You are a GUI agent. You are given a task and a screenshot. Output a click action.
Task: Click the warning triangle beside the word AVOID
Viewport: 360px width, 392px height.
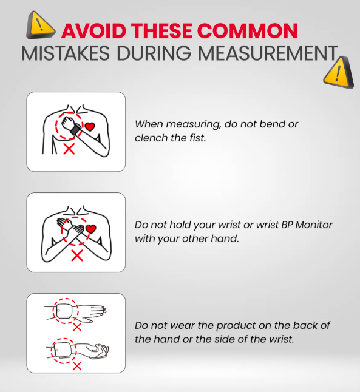tap(40, 26)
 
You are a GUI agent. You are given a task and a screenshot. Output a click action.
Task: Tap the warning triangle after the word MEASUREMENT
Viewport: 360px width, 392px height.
tap(339, 73)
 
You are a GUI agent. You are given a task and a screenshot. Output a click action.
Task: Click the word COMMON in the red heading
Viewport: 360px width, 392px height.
tap(247, 31)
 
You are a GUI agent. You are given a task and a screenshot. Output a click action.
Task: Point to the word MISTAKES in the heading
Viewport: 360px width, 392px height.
tap(66, 53)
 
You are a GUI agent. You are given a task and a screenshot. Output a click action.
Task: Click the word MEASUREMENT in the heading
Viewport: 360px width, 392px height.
tap(268, 53)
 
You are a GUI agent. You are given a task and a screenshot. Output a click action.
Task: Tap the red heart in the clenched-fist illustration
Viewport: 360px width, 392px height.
tap(90, 126)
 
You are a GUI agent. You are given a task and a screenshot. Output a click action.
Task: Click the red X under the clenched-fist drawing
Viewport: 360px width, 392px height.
tap(69, 149)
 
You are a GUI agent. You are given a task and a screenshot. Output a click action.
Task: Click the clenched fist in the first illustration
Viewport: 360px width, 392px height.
tap(67, 122)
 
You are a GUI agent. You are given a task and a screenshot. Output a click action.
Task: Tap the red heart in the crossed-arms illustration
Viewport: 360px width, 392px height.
tap(91, 229)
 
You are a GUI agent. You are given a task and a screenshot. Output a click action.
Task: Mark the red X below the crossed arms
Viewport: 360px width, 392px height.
tap(77, 255)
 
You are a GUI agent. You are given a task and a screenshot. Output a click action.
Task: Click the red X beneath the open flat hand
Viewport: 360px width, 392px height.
tap(77, 326)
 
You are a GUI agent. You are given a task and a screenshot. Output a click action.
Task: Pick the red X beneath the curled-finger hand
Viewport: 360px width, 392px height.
tap(77, 366)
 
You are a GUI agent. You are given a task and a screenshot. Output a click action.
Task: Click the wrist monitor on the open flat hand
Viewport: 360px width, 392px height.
tap(64, 311)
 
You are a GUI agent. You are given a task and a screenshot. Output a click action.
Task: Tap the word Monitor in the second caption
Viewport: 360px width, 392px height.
tap(314, 225)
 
